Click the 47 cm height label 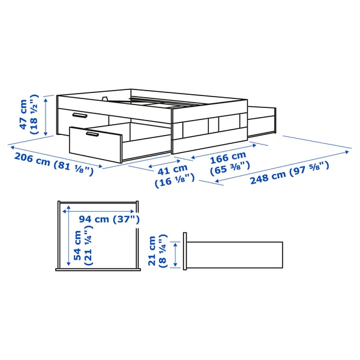click(23, 115)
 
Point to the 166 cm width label click(227, 158)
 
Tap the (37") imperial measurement click(126, 220)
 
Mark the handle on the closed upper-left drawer click(78, 114)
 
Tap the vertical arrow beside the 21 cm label click(175, 254)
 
